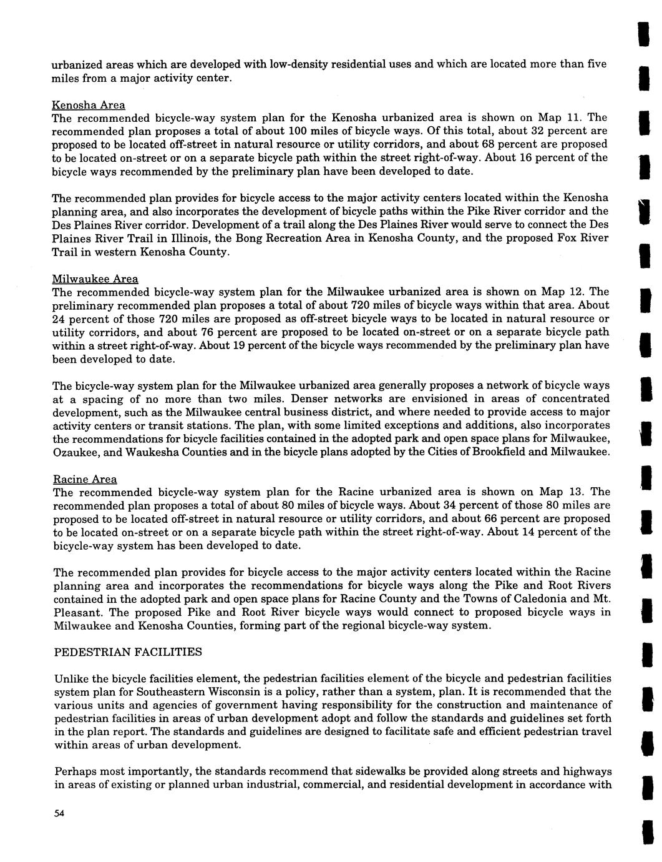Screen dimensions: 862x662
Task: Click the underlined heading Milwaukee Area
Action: pos(95,279)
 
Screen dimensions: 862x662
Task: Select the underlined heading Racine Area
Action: pos(85,479)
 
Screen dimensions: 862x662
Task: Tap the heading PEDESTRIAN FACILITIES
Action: pos(128,652)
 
